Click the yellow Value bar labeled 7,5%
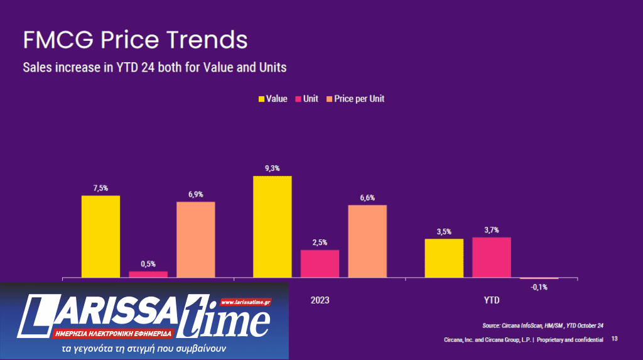pos(100,236)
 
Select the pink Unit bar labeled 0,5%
pos(148,274)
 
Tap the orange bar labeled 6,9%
pos(196,239)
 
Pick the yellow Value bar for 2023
pos(273,226)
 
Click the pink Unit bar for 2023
pos(320,263)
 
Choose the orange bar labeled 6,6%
pos(367,241)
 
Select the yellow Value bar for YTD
pos(444,258)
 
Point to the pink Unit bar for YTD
pos(492,257)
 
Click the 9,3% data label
pos(273,168)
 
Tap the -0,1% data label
pos(539,287)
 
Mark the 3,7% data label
pos(492,230)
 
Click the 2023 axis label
pos(320,300)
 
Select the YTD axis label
pos(492,300)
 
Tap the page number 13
pos(614,339)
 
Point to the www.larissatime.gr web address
pos(246,302)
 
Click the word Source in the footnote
pos(492,325)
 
